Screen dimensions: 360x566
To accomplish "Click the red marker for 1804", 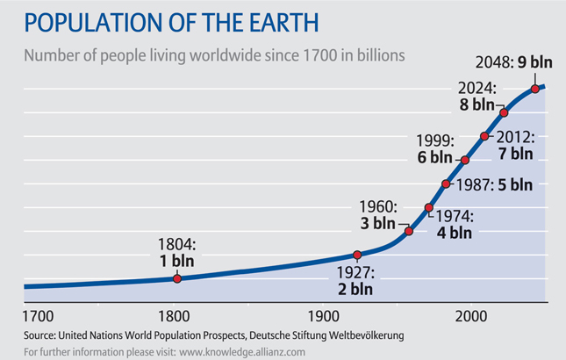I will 177,278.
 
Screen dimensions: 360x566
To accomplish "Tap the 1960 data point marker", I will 409,231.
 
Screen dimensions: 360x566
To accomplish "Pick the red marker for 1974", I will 429,208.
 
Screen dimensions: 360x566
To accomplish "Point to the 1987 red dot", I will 447,184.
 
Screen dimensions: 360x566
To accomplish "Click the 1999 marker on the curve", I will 465,160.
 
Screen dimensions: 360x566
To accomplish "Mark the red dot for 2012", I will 484,136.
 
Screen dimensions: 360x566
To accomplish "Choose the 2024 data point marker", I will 504,112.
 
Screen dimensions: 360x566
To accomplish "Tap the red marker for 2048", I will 535,88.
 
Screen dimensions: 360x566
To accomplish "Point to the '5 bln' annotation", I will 512,184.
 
